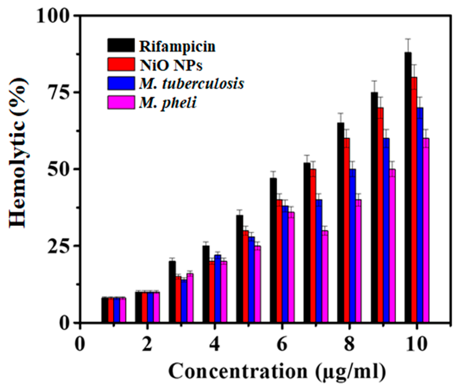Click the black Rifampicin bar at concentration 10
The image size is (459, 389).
(x=408, y=187)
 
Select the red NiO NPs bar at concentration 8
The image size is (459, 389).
(x=347, y=230)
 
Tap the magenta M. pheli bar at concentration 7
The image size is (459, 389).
(x=325, y=277)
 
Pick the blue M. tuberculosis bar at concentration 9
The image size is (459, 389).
(x=386, y=230)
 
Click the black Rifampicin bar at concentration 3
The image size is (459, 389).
(x=172, y=291)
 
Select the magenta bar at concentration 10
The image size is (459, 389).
(x=426, y=230)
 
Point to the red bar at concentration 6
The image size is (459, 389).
(x=279, y=261)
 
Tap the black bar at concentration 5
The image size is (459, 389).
(x=240, y=269)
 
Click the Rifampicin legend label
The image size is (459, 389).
(x=177, y=47)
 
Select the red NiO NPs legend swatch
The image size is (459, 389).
(x=121, y=64)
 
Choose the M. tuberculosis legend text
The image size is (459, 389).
(x=192, y=84)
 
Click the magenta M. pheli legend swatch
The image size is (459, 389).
(x=121, y=103)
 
